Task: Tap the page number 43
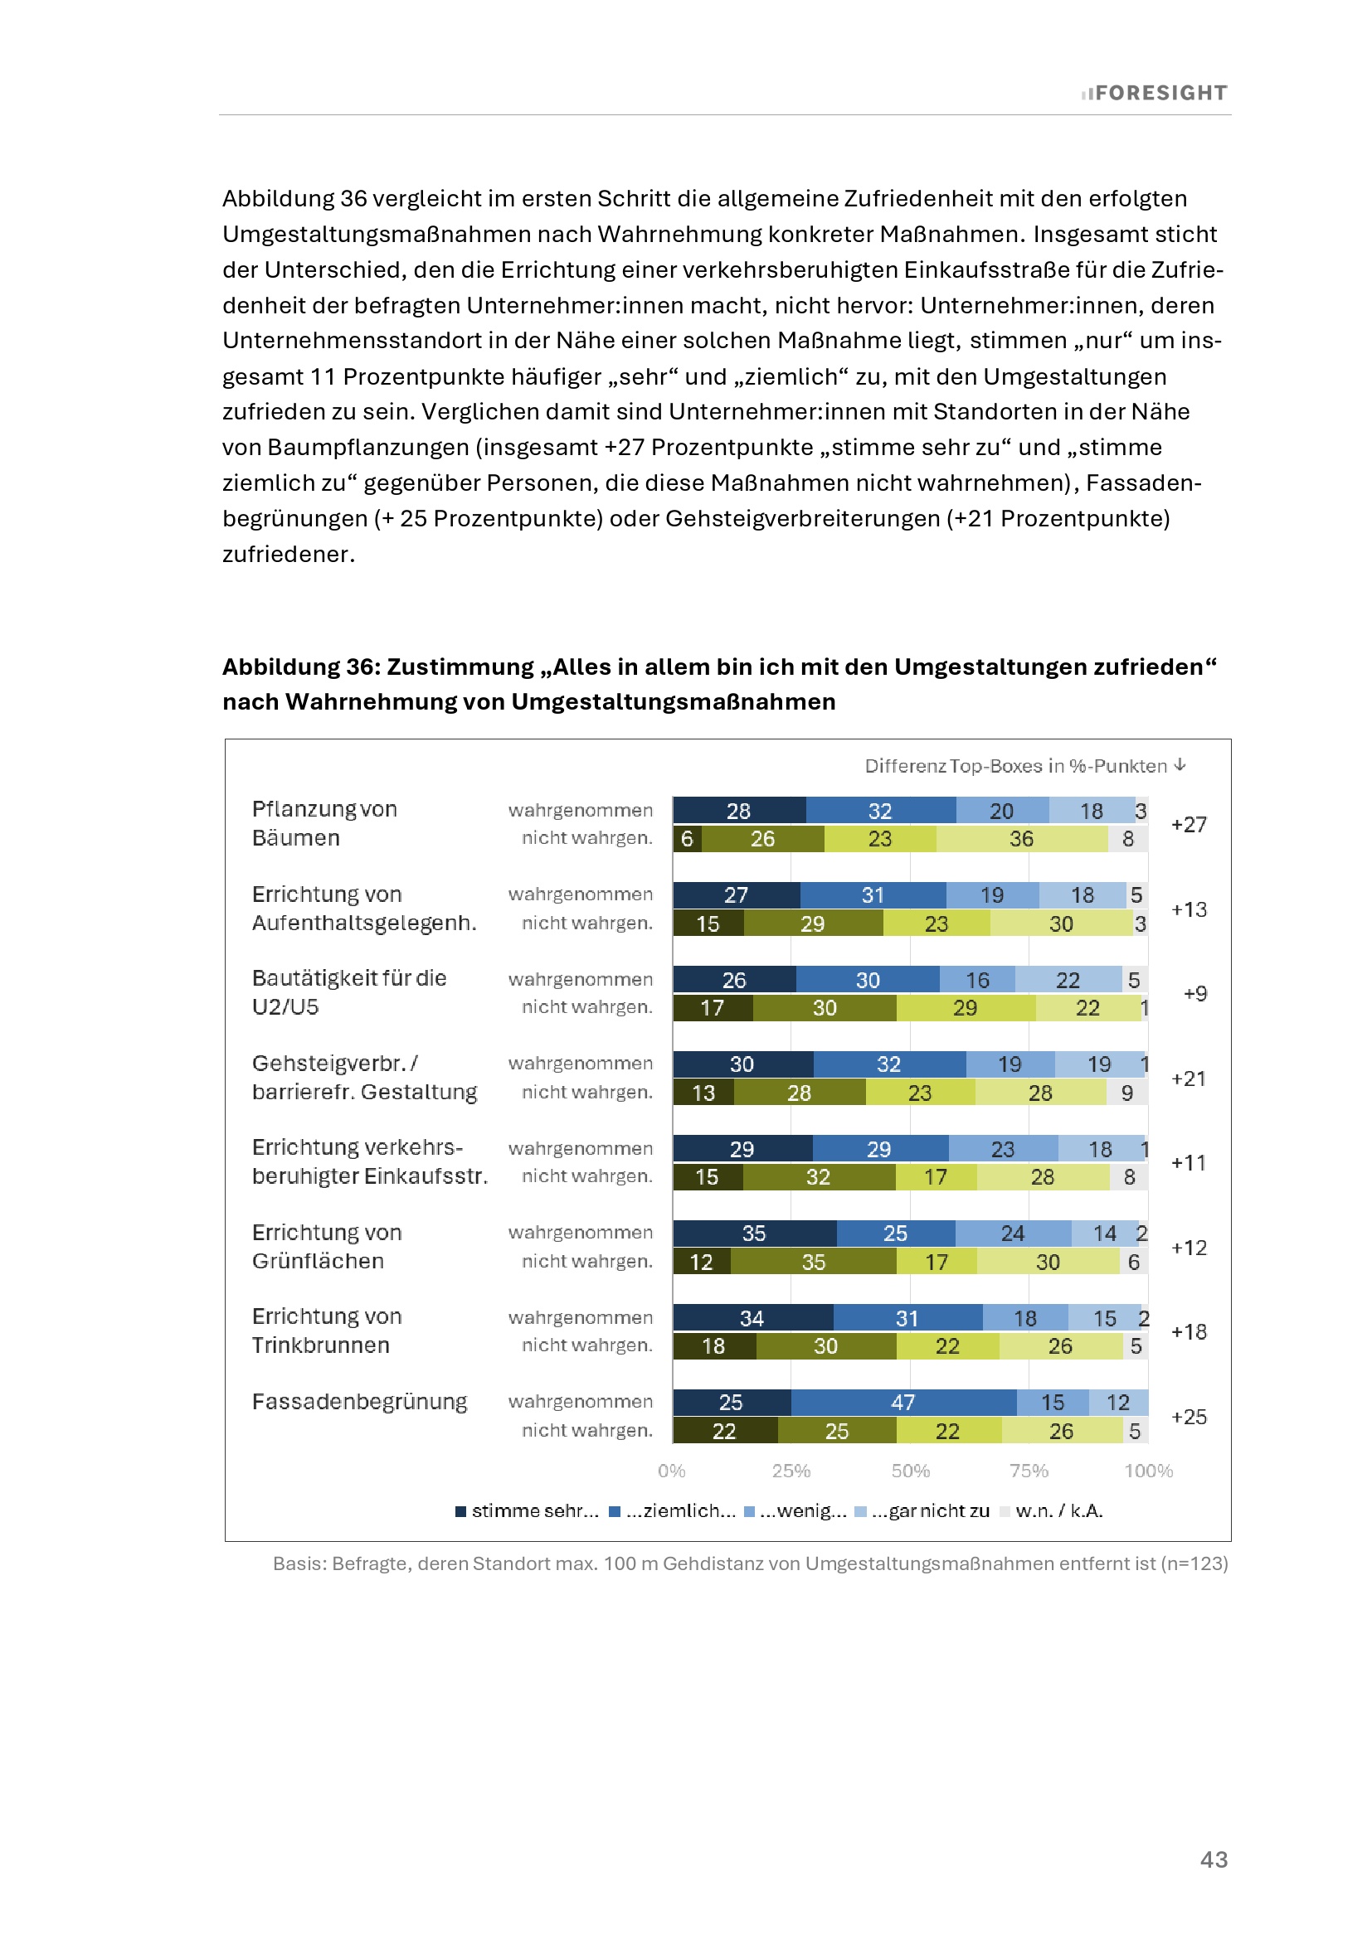(x=1214, y=1859)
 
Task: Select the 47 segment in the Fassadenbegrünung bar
(x=903, y=1402)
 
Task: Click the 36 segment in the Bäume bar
(x=1021, y=839)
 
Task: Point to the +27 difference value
(x=1189, y=824)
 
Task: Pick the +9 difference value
(x=1194, y=993)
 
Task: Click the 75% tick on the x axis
(x=1029, y=1471)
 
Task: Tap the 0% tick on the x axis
(x=672, y=1471)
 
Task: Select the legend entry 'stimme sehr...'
(x=528, y=1511)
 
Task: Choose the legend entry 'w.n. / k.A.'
(x=1051, y=1511)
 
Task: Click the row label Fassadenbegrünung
(x=359, y=1402)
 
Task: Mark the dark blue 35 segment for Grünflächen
(x=753, y=1233)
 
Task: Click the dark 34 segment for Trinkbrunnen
(x=752, y=1317)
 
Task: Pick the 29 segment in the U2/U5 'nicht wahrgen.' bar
(x=965, y=1007)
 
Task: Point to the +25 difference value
(x=1189, y=1416)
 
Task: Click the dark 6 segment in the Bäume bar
(x=687, y=839)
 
